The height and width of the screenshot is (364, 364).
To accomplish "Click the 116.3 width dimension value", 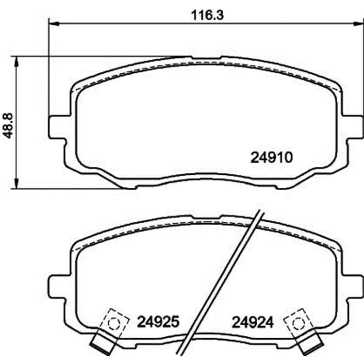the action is click(207, 16).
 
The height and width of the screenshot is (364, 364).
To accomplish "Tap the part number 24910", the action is click(272, 157).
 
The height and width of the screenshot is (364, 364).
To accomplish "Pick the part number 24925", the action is click(158, 322).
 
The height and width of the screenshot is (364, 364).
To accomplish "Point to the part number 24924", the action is click(253, 322).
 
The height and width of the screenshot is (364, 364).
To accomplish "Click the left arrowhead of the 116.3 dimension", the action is click(54, 23).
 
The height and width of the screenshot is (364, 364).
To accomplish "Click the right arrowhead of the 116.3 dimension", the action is click(359, 23).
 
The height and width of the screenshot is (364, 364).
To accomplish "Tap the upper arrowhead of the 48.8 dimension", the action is click(16, 61).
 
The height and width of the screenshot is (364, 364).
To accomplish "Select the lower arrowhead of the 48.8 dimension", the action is click(16, 183).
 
